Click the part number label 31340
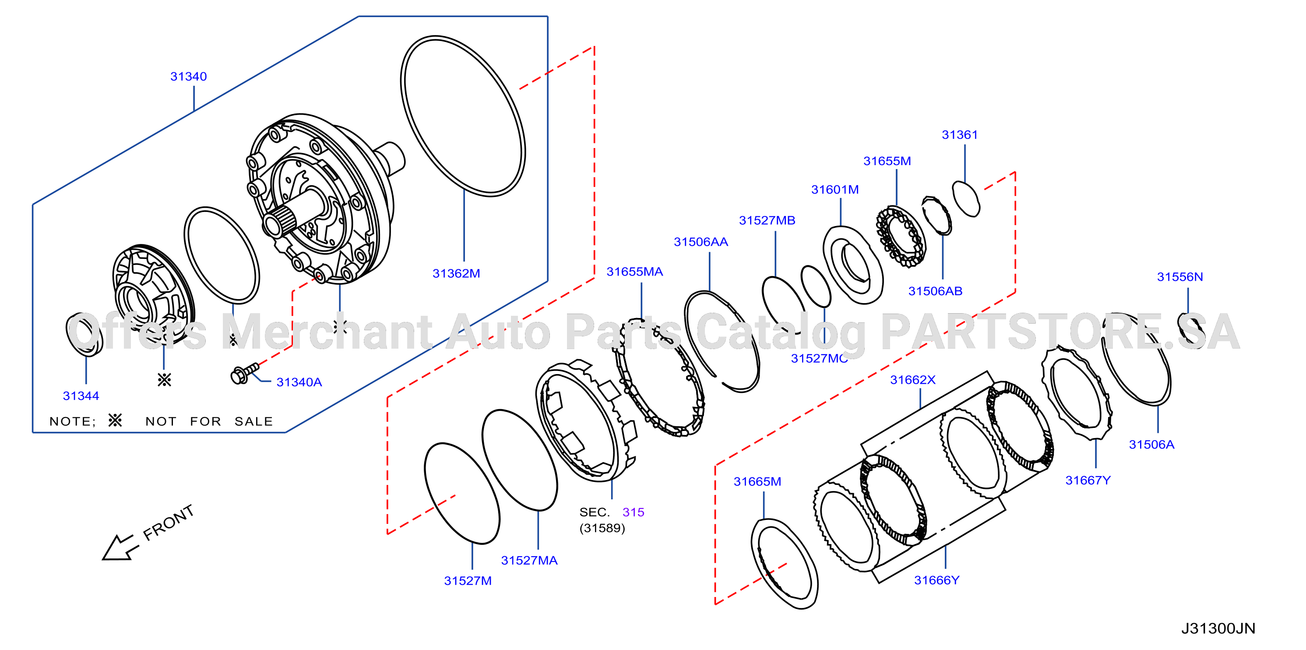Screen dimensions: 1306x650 coord(189,77)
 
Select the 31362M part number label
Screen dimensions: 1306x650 coord(456,274)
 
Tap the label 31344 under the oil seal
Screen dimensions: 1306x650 coord(81,396)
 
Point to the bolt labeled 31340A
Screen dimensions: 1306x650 coord(244,374)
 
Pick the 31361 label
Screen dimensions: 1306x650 coord(960,135)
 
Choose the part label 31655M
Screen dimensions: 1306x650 coord(887,161)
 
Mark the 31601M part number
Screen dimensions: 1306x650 coord(835,190)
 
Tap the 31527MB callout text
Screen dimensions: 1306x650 coord(767,221)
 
